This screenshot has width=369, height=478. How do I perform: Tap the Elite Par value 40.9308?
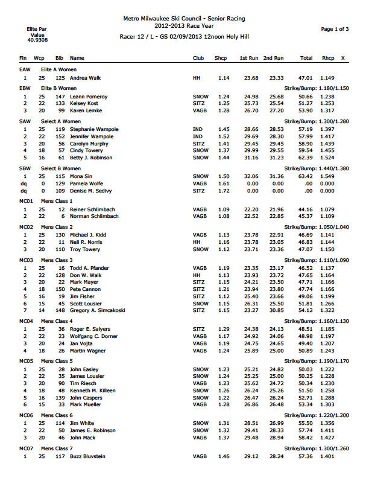coord(37,40)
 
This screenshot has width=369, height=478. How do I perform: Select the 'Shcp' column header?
coord(221,58)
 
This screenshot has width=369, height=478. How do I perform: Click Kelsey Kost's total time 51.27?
coord(306,104)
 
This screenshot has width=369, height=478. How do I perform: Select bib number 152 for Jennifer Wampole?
coord(60,136)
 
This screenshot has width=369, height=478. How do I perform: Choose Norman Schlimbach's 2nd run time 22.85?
coord(276,215)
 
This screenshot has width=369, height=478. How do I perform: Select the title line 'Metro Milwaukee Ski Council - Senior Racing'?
coord(183,19)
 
